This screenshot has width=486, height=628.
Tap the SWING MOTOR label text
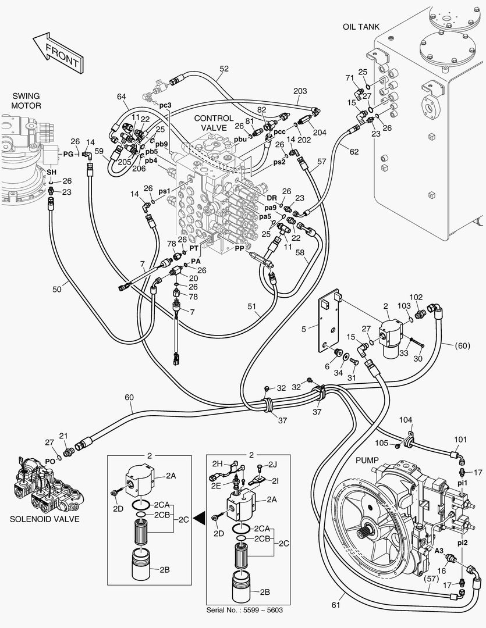click(24, 101)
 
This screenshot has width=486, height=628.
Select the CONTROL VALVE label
click(214, 123)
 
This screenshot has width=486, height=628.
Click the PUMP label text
click(367, 460)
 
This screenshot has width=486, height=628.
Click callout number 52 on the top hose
click(224, 69)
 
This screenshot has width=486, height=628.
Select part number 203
click(300, 91)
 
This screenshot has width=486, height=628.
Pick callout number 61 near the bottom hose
click(336, 605)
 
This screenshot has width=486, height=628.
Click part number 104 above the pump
click(406, 419)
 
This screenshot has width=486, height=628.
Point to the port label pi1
click(463, 483)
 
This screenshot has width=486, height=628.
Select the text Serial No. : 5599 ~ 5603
click(249, 610)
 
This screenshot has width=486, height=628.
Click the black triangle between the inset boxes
click(198, 515)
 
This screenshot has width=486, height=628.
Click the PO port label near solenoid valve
click(50, 461)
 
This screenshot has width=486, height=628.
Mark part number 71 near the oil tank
click(350, 78)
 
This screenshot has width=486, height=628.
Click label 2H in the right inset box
click(217, 463)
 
